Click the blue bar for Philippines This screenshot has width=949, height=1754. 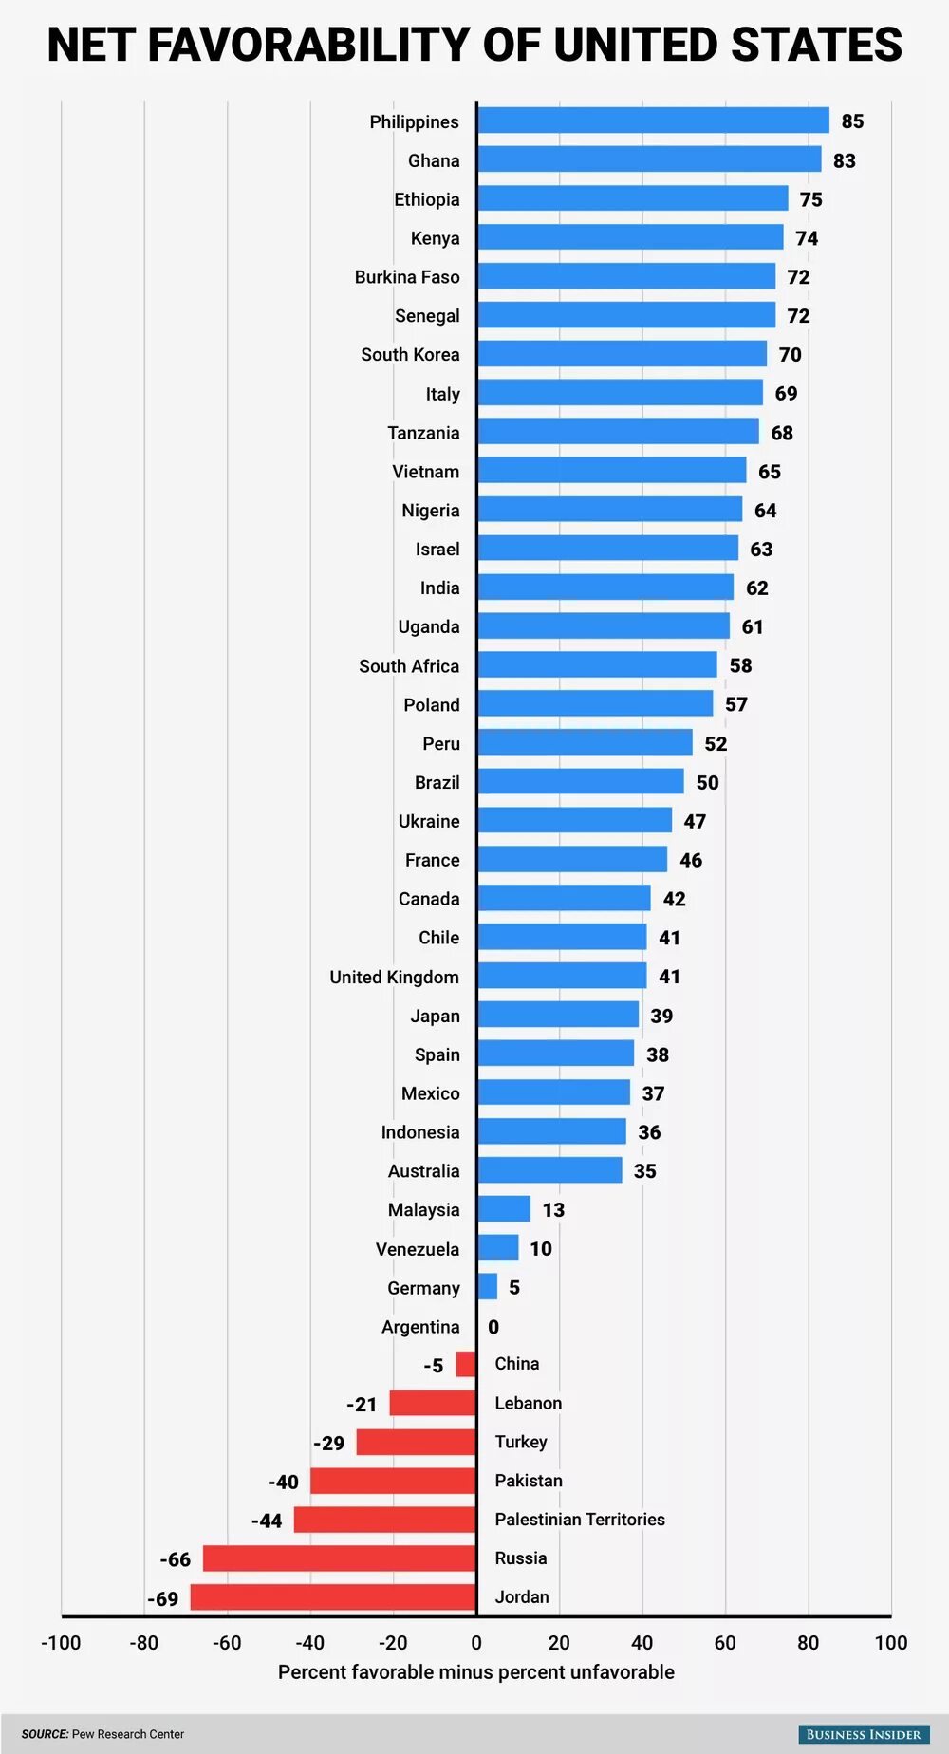click(653, 121)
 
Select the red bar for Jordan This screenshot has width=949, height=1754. click(333, 1597)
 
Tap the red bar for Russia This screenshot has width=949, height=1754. click(339, 1558)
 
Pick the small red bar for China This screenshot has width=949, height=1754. click(466, 1364)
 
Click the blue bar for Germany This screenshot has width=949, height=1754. click(487, 1287)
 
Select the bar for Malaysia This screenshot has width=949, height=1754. click(504, 1209)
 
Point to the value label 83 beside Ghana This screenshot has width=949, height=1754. click(845, 160)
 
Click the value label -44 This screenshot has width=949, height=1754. click(267, 1521)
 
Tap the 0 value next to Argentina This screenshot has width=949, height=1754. click(493, 1327)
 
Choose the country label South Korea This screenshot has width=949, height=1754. click(410, 354)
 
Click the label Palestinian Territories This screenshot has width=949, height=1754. click(580, 1520)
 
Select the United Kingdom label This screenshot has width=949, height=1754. click(394, 977)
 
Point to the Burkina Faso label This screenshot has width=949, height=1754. click(407, 277)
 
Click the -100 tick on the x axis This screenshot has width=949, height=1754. click(61, 1643)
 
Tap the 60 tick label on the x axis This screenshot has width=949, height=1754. click(725, 1643)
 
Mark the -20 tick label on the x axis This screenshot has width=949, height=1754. click(393, 1643)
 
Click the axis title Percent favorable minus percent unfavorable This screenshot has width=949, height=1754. click(475, 1672)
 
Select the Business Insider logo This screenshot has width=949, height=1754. click(863, 1734)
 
